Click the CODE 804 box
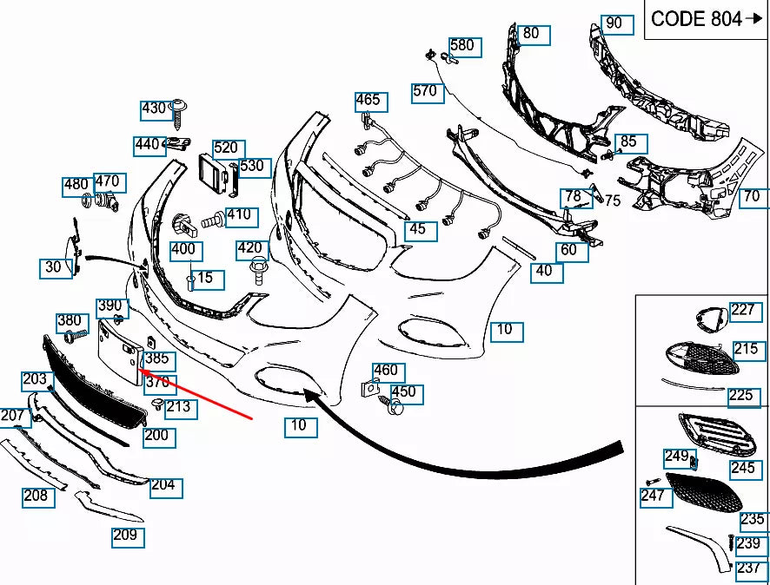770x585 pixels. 706,19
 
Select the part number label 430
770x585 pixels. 153,109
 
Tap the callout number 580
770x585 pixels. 461,45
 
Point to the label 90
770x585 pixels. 614,23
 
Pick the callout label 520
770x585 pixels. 225,148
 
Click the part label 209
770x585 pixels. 125,536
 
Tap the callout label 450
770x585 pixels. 403,392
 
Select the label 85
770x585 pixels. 627,141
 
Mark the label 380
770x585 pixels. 69,321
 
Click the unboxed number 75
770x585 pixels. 613,200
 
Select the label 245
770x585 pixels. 742,469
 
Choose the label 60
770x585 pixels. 568,250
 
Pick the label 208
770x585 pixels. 36,496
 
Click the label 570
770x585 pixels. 425,91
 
